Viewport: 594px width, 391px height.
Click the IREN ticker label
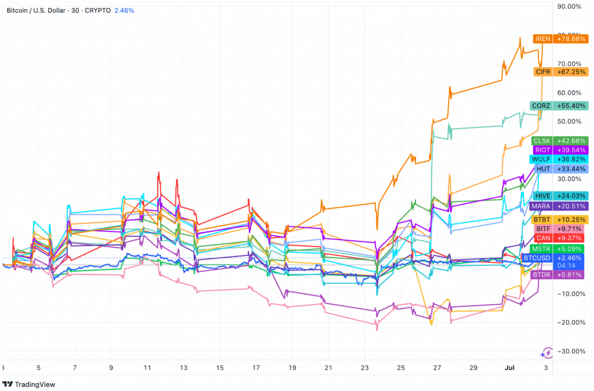click(544, 39)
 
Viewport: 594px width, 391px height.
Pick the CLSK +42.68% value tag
click(572, 140)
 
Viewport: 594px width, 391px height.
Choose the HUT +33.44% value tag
click(572, 169)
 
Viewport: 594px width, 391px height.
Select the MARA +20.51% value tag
click(572, 206)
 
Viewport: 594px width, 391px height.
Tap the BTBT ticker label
click(542, 220)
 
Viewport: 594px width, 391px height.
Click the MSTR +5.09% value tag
click(572, 249)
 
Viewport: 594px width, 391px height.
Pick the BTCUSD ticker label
click(537, 257)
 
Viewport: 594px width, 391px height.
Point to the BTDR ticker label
click(542, 274)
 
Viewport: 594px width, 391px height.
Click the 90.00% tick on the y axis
click(569, 7)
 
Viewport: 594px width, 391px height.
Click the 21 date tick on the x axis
click(328, 368)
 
